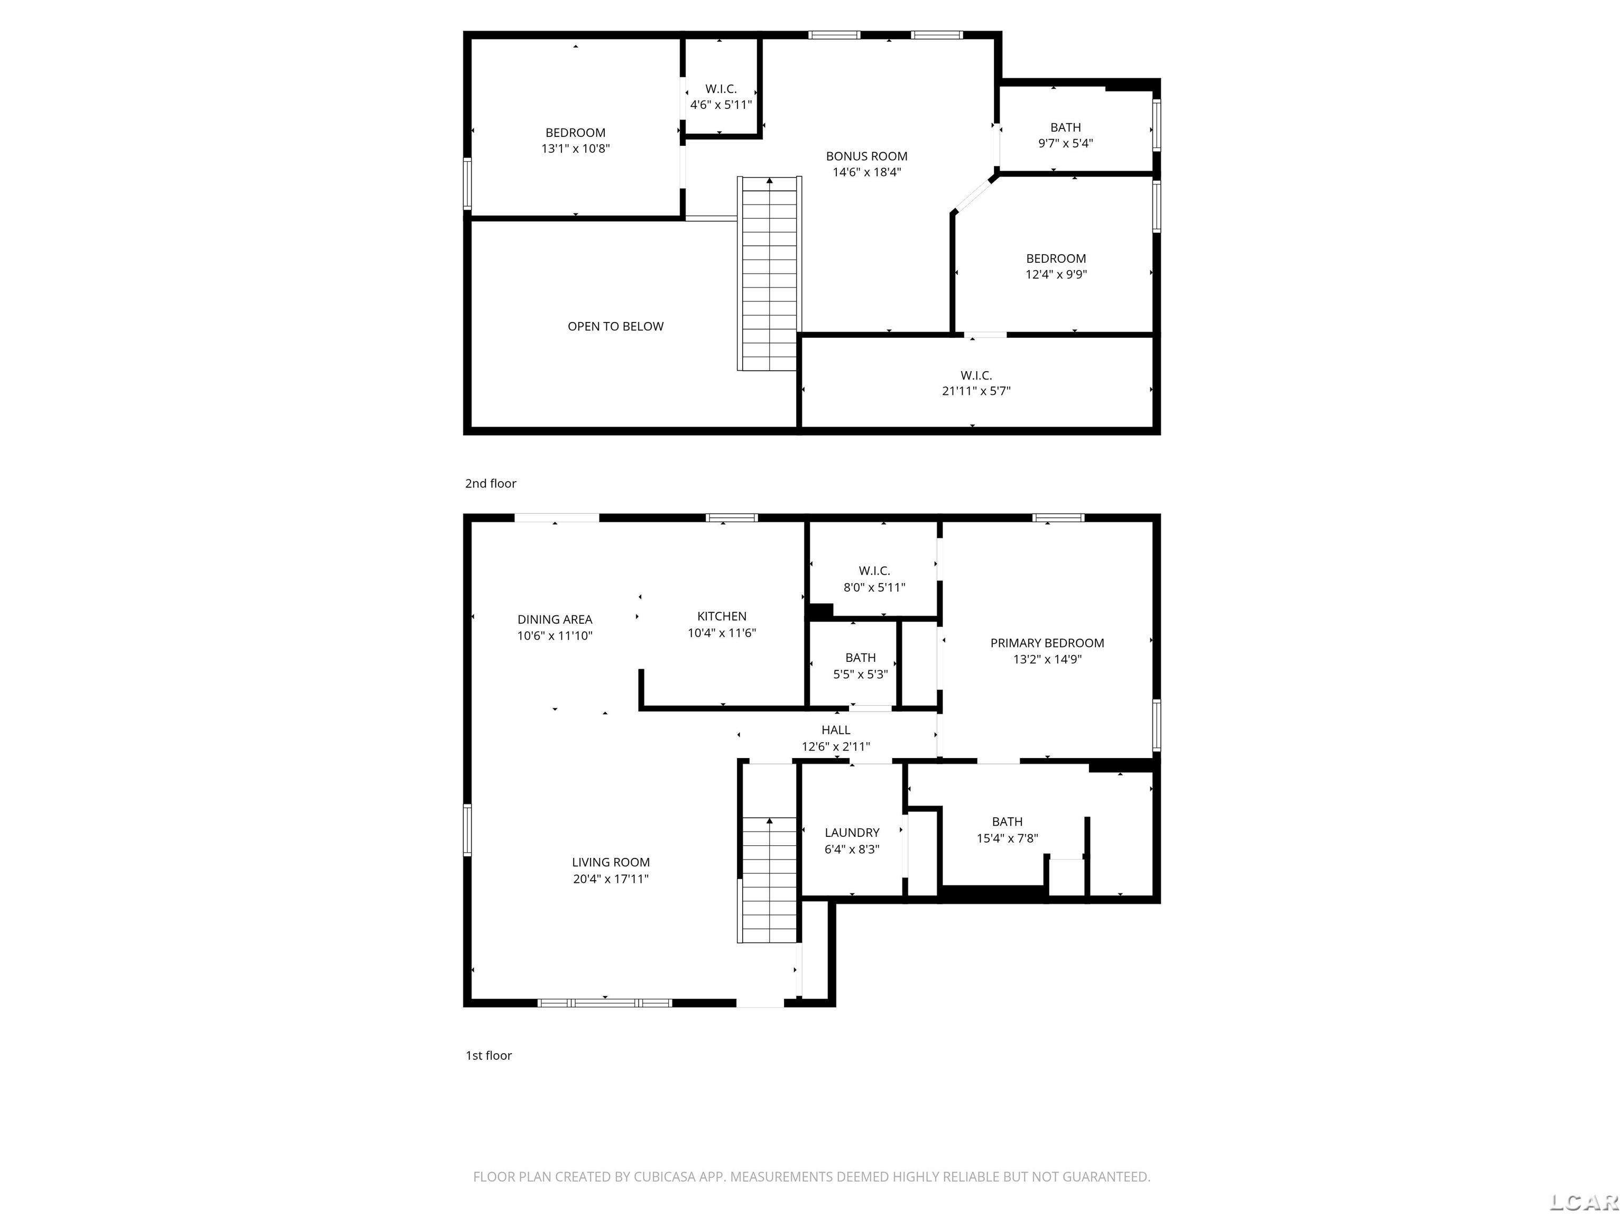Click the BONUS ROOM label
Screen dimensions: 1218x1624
(866, 156)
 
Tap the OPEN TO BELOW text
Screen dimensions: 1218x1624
(615, 327)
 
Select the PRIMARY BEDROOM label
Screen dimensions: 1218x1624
(1047, 643)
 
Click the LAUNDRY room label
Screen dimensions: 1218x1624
(852, 833)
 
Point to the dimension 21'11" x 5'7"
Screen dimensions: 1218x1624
(976, 391)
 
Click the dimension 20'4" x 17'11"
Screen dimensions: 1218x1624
(611, 879)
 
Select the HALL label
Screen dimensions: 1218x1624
(835, 730)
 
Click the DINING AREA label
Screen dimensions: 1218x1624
(555, 620)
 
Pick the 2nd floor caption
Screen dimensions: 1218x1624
(491, 484)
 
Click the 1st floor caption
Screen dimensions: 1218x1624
(488, 1056)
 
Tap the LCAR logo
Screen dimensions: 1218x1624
(1584, 1202)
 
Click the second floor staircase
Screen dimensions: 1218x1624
(769, 273)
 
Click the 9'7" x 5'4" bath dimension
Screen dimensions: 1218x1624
(1065, 144)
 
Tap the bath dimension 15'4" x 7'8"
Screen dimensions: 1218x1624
(1007, 838)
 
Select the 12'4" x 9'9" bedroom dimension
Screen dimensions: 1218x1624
(1056, 274)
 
